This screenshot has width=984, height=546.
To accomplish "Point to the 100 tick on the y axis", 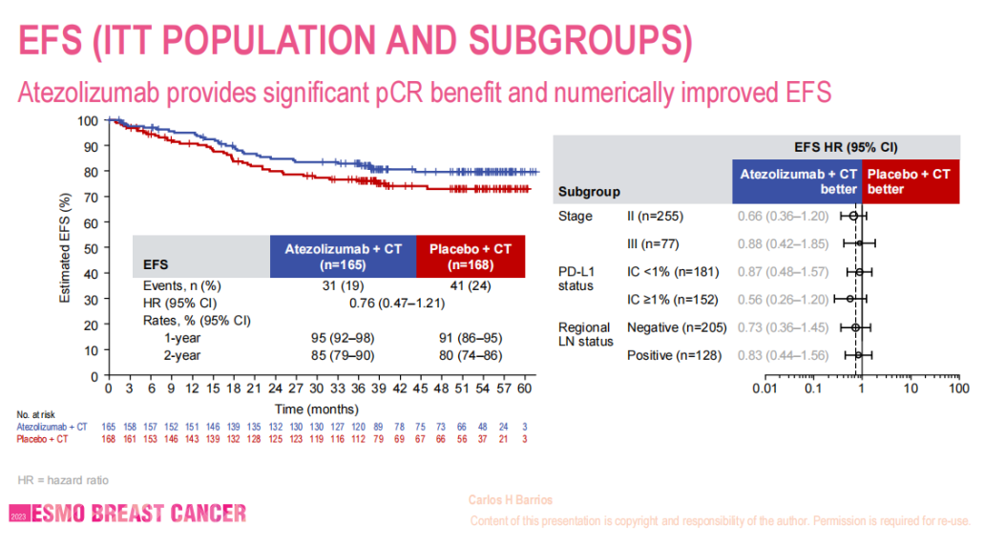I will (x=88, y=121).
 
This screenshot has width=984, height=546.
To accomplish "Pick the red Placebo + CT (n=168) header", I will (x=471, y=256).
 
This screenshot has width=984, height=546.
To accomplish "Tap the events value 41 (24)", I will (x=471, y=285).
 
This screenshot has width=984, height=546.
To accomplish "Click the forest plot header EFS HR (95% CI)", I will (x=847, y=148).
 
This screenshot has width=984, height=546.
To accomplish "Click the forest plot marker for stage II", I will (x=854, y=216).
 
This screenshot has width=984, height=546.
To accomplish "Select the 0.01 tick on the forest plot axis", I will (x=763, y=388).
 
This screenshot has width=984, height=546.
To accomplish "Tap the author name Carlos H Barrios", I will (x=511, y=500).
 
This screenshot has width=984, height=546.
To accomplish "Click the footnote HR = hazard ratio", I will (x=61, y=479).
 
